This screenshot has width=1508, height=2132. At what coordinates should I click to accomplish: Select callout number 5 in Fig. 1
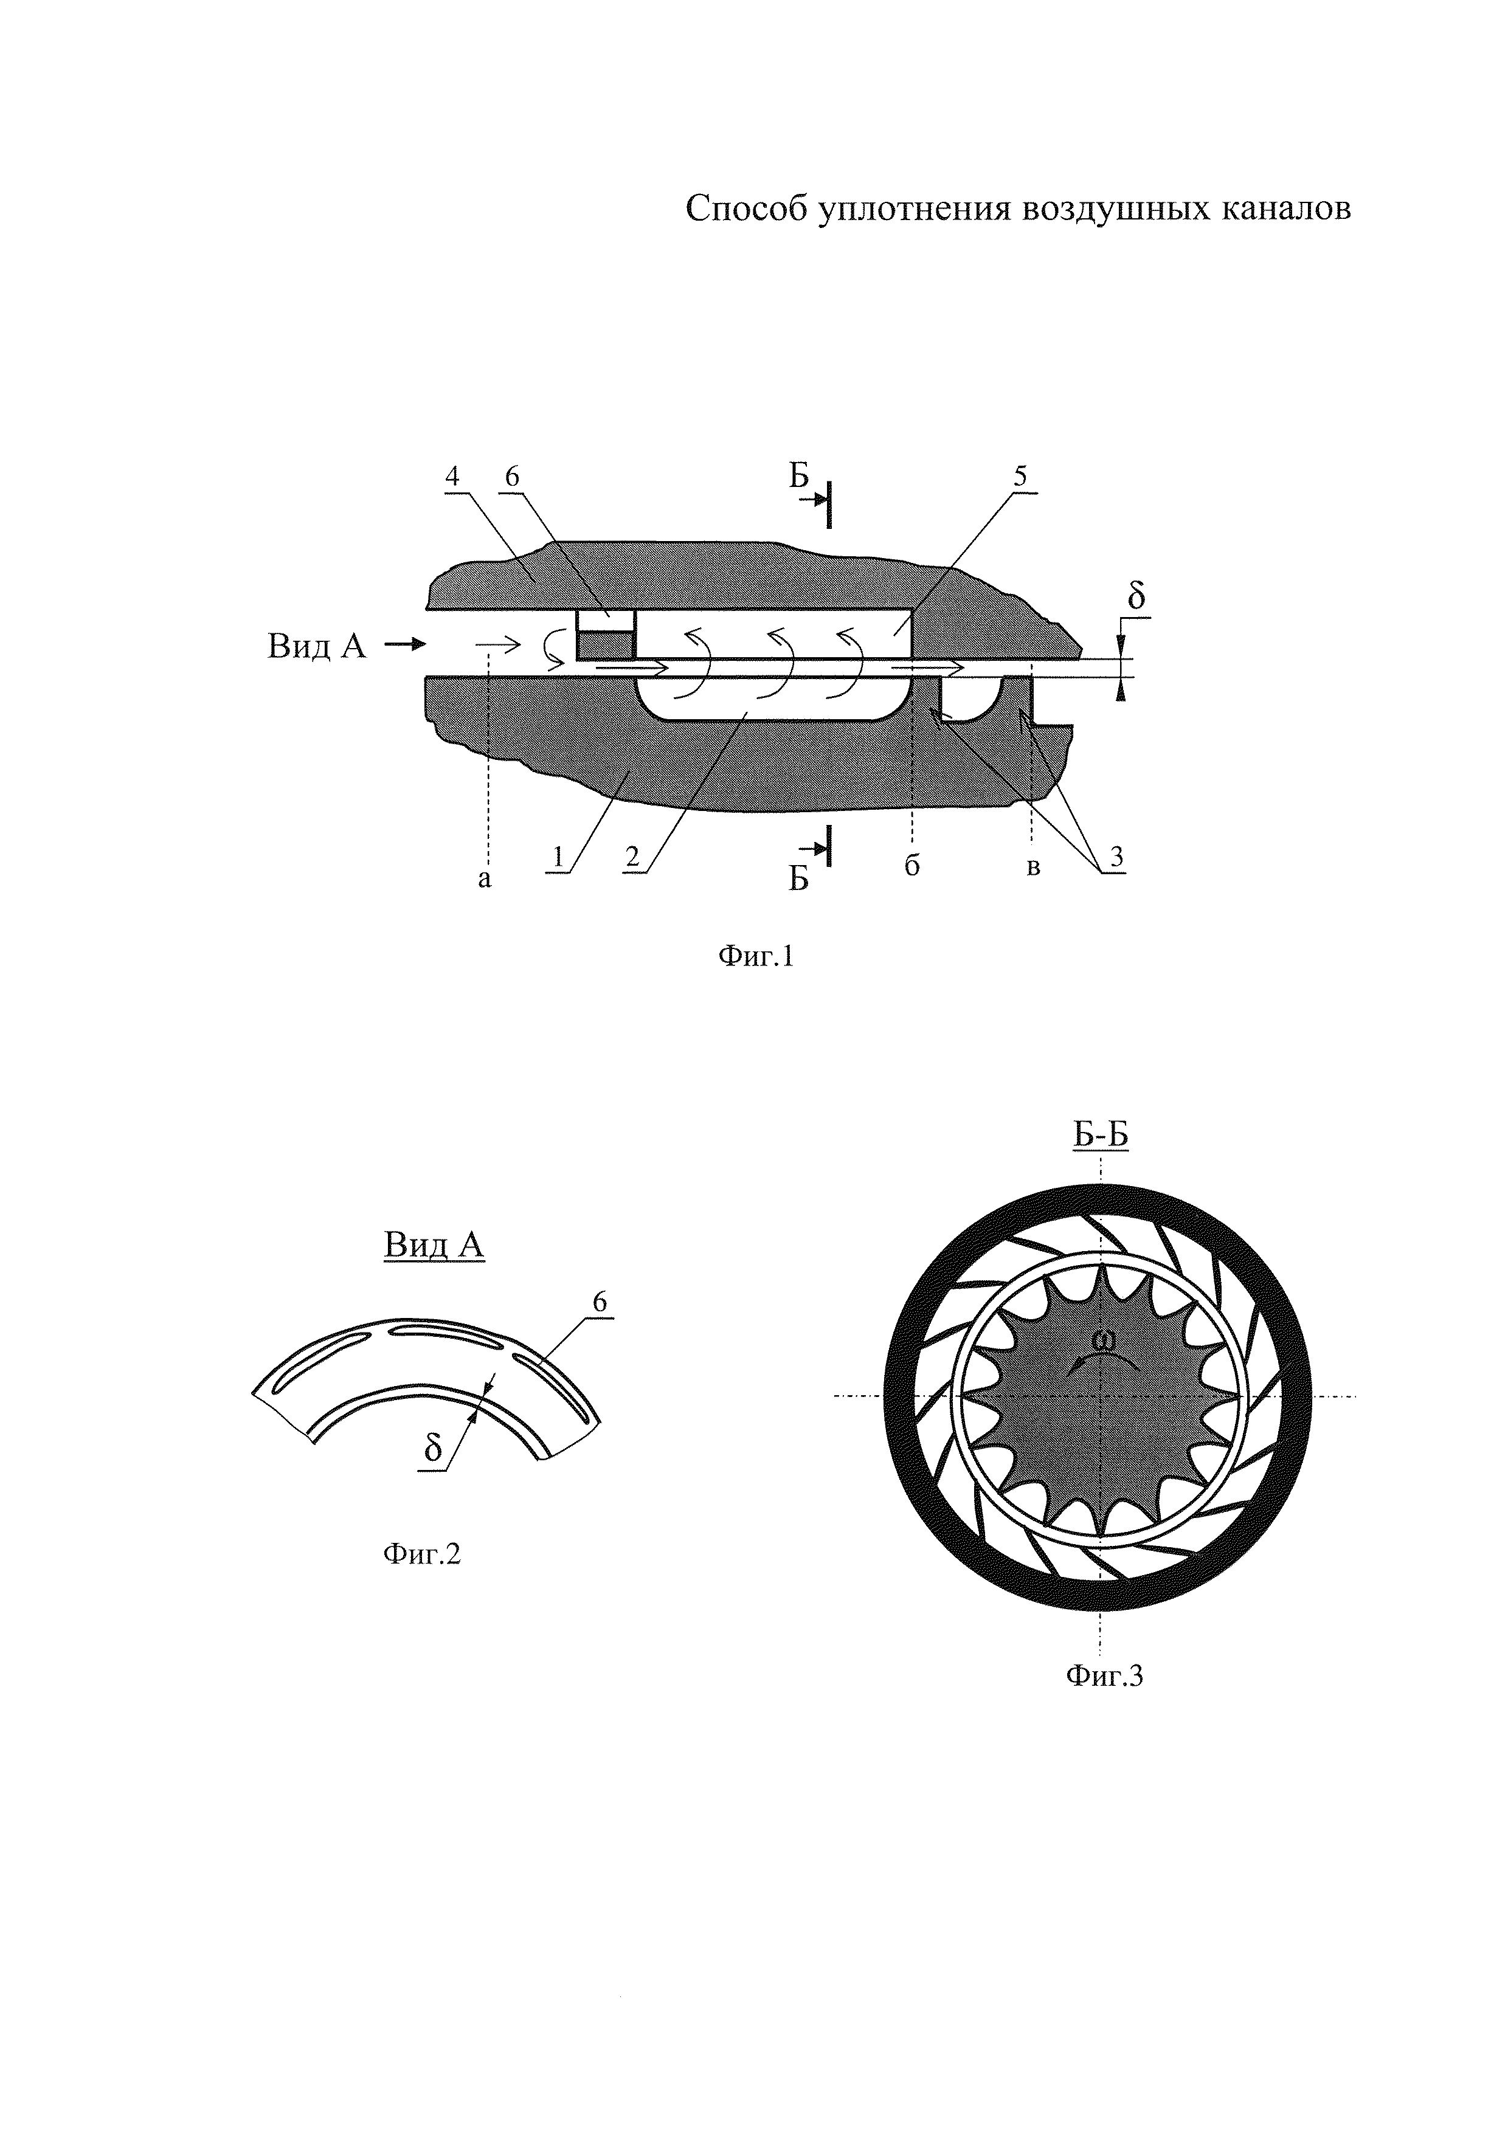pos(1020,477)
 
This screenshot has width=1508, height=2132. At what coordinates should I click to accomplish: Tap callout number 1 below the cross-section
pos(558,858)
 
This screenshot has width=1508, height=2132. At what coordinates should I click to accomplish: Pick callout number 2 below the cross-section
pos(632,858)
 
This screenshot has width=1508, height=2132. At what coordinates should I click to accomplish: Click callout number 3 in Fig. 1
pos(1116,858)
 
